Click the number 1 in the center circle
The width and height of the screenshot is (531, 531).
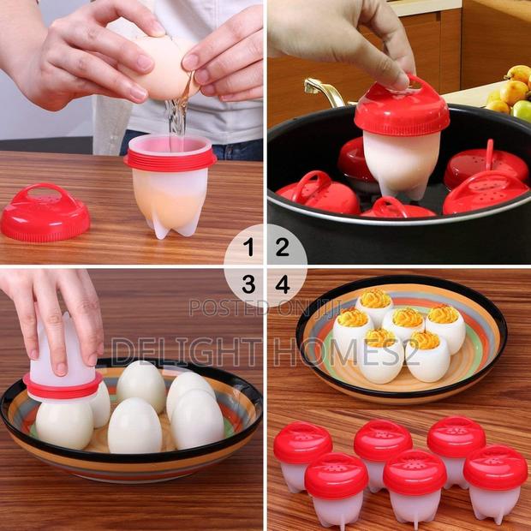[x=248, y=249]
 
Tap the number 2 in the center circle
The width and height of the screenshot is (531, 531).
[x=282, y=249]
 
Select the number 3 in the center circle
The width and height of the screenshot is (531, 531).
[x=248, y=283]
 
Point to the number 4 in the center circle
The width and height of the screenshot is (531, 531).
[x=282, y=283]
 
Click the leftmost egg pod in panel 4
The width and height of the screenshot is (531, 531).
[x=302, y=455]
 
